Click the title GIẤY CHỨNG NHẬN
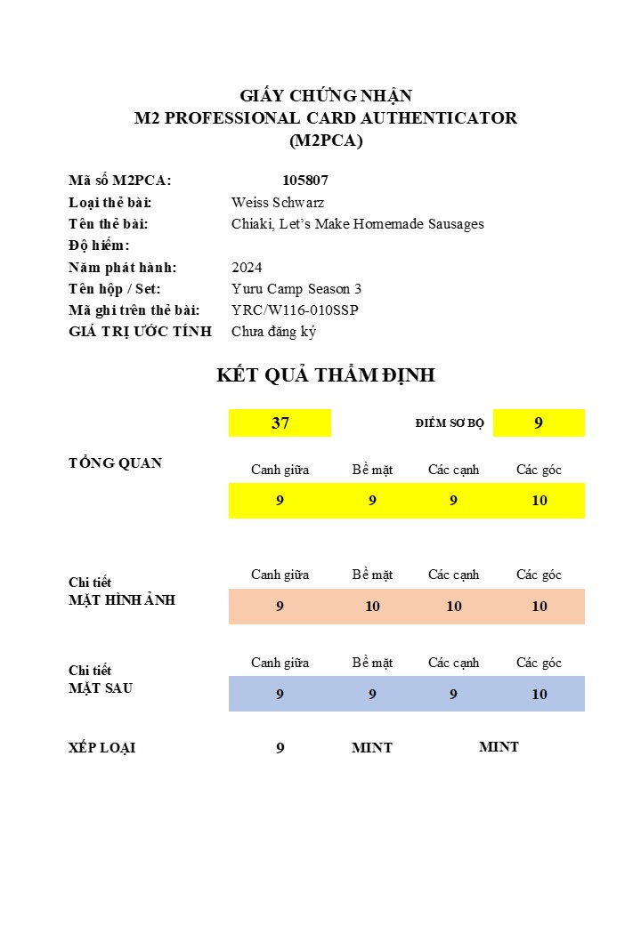click(x=326, y=96)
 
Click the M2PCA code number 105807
click(x=305, y=181)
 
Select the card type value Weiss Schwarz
click(x=278, y=203)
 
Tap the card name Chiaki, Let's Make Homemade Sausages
click(x=358, y=224)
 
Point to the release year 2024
click(x=247, y=268)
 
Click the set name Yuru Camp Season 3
click(x=296, y=289)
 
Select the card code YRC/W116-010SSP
click(x=295, y=310)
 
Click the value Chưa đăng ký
click(x=273, y=332)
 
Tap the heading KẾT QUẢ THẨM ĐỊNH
click(x=326, y=375)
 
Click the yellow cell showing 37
click(x=280, y=423)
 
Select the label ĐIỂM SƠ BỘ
click(x=450, y=423)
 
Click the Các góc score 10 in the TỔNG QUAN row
click(x=540, y=501)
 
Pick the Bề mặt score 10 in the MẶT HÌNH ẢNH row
click(x=372, y=607)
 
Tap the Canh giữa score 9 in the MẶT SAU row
click(x=280, y=695)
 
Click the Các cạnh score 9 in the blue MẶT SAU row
click(x=453, y=695)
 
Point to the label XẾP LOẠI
click(x=102, y=748)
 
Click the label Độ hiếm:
click(x=99, y=245)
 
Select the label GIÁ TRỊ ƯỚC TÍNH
click(x=140, y=332)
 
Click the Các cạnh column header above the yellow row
click(x=453, y=470)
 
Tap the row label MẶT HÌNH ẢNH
click(x=122, y=600)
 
